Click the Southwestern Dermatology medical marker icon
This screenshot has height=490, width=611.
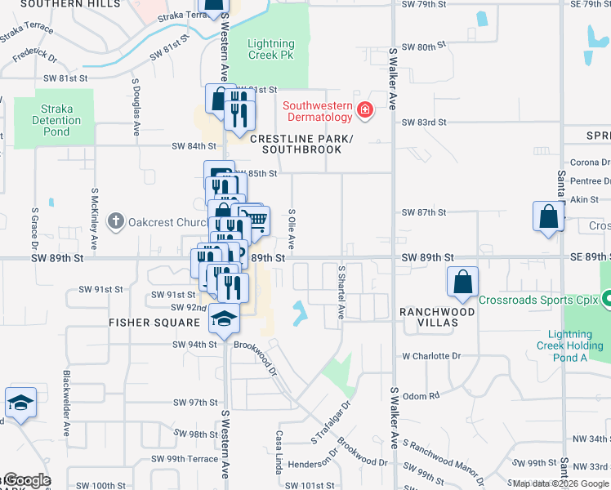click(x=364, y=109)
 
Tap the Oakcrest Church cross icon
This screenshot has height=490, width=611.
click(x=116, y=220)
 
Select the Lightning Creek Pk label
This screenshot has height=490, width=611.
click(x=270, y=49)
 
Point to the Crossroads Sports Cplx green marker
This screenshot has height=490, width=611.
click(x=606, y=300)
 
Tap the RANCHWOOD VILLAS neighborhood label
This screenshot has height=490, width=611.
click(x=437, y=317)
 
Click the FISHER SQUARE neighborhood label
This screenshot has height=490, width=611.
click(x=154, y=322)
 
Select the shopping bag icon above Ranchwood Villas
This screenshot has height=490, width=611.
click(x=462, y=281)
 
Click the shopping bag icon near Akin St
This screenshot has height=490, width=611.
click(x=548, y=216)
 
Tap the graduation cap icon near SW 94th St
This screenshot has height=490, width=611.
click(x=223, y=319)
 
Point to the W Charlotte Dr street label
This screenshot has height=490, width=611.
click(x=431, y=356)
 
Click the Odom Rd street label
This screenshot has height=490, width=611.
click(x=421, y=395)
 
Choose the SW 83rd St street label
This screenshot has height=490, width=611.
click(x=424, y=122)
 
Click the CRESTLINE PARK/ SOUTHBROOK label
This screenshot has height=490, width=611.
click(x=301, y=145)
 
